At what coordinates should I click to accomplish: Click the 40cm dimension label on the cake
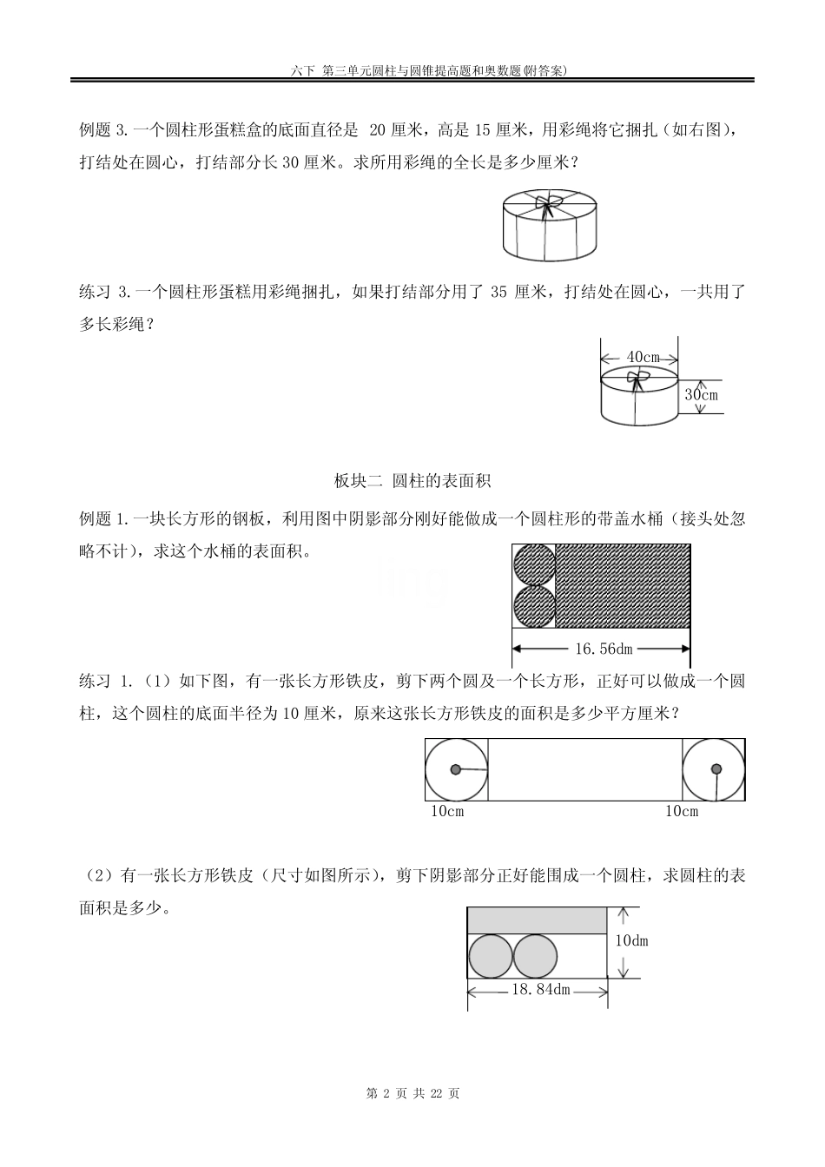[643, 357]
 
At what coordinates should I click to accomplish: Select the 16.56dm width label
[604, 649]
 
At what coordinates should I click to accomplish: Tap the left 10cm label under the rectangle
[447, 811]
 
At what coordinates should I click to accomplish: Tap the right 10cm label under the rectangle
[682, 811]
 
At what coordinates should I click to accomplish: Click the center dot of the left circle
[455, 768]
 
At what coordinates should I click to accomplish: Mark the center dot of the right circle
[716, 768]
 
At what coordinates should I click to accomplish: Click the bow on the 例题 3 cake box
[548, 206]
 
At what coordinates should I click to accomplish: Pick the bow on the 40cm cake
[638, 377]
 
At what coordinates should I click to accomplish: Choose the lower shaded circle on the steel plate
[534, 606]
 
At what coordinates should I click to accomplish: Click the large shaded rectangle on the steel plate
[623, 586]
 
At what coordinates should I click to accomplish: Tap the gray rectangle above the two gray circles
[537, 920]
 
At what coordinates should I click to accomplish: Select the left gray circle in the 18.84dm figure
[491, 957]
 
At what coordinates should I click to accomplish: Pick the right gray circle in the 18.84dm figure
[535, 957]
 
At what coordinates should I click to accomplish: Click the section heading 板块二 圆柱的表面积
[412, 480]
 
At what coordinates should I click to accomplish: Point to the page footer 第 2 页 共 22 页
[413, 1093]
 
